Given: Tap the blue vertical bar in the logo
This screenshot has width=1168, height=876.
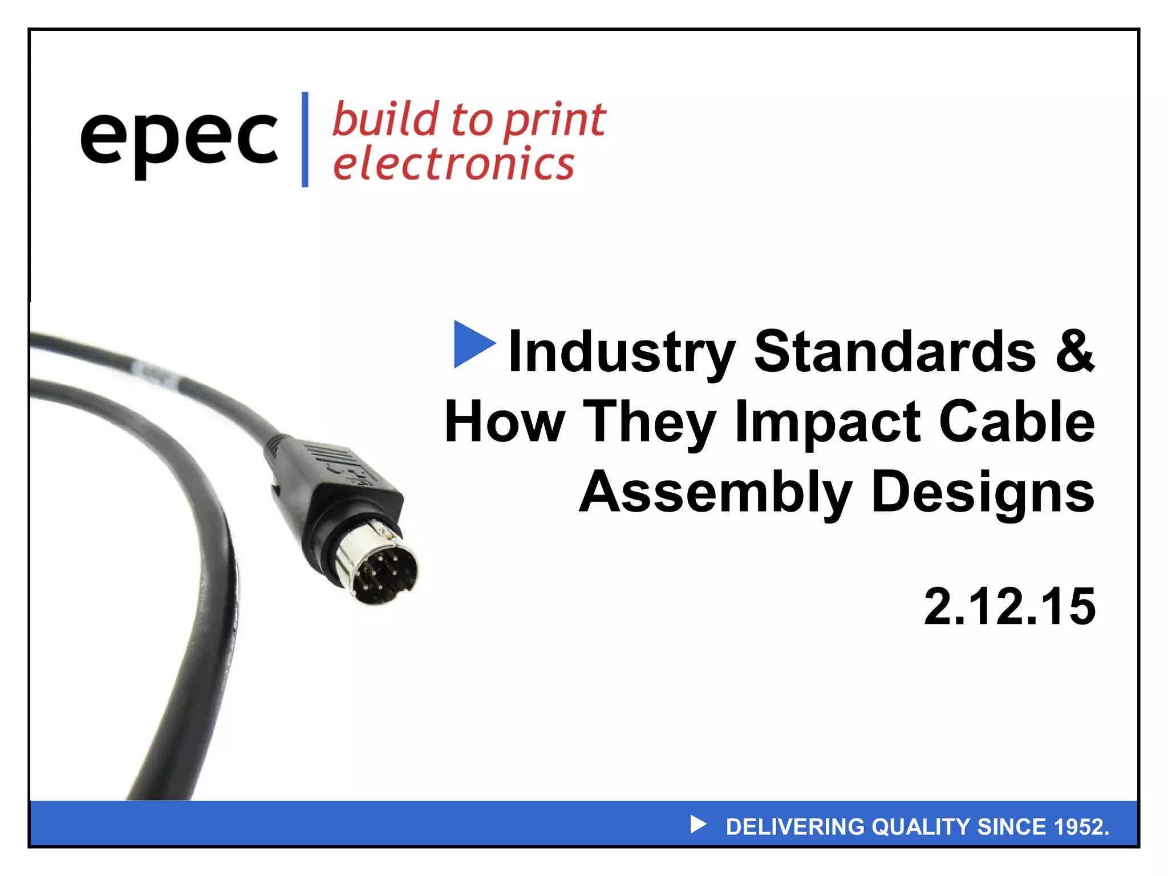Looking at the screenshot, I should (x=305, y=139).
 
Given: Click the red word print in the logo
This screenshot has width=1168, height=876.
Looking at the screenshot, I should (x=555, y=121).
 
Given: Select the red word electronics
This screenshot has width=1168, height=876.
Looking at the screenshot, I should (x=453, y=164).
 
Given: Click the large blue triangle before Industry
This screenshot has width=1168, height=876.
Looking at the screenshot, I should (x=473, y=344).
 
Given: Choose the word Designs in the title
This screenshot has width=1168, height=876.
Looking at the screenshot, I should (x=983, y=492).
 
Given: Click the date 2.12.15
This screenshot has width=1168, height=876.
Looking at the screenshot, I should (x=1009, y=606).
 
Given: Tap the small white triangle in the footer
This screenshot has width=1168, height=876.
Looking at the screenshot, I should (x=697, y=824).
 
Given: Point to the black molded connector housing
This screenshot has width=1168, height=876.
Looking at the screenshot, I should (x=331, y=479).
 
